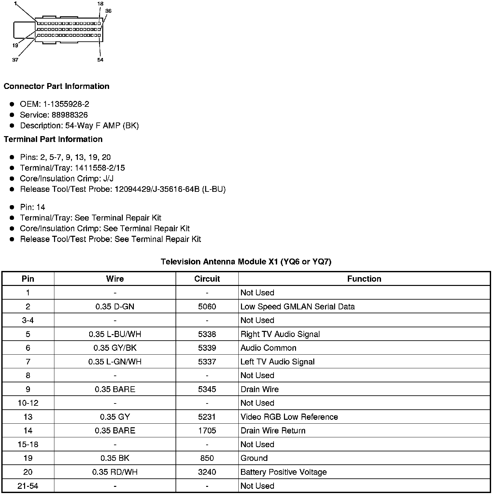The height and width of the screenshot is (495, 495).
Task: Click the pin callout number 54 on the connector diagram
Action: pyautogui.click(x=100, y=60)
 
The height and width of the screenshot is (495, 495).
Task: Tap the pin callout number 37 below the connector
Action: pyautogui.click(x=15, y=60)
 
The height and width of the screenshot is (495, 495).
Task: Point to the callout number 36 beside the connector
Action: pyautogui.click(x=108, y=11)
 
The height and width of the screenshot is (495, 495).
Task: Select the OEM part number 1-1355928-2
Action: pyautogui.click(x=66, y=104)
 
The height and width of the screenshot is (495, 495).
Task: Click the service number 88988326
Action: pyautogui.click(x=70, y=115)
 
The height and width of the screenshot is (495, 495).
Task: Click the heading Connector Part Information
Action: pyautogui.click(x=56, y=86)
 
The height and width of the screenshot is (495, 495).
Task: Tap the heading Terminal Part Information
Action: pyautogui.click(x=53, y=139)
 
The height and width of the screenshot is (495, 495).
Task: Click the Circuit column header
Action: pyautogui.click(x=207, y=279)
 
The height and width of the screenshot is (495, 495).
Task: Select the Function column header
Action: pyautogui.click(x=364, y=279)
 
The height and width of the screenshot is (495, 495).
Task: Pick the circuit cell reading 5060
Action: pyautogui.click(x=207, y=306)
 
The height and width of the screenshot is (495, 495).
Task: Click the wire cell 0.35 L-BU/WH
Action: pyautogui.click(x=115, y=334)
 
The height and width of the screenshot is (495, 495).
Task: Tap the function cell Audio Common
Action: pyautogui.click(x=268, y=348)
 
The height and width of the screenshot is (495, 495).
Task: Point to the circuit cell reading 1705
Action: pyautogui.click(x=207, y=431)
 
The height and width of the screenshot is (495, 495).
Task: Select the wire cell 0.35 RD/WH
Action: pyautogui.click(x=115, y=472)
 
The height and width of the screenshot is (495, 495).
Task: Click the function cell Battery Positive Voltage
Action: pyautogui.click(x=283, y=472)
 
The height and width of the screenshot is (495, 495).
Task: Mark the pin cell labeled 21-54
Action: pyautogui.click(x=28, y=486)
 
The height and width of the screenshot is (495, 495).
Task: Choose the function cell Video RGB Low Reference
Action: pyautogui.click(x=289, y=417)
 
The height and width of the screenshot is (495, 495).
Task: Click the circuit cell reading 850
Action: pyautogui.click(x=207, y=458)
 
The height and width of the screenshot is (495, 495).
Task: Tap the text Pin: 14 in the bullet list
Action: pyautogui.click(x=33, y=207)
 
